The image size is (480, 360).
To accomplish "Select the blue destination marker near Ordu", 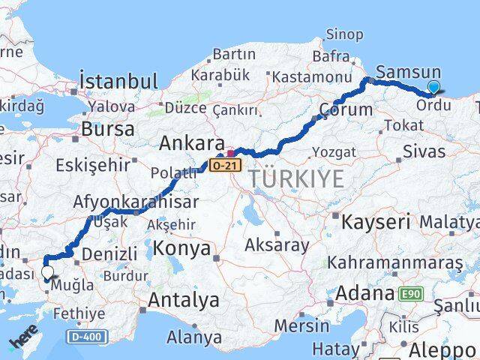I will (x=433, y=88).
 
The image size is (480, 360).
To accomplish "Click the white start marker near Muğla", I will (x=48, y=273).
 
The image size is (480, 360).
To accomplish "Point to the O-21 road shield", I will (x=223, y=163).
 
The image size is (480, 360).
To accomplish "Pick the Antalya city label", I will (x=183, y=301).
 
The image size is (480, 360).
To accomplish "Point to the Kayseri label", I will (x=376, y=222).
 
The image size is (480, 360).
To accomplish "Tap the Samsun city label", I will (x=408, y=72).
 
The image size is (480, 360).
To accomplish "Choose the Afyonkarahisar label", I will (x=136, y=202).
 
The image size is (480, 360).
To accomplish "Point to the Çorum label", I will (x=346, y=110).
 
